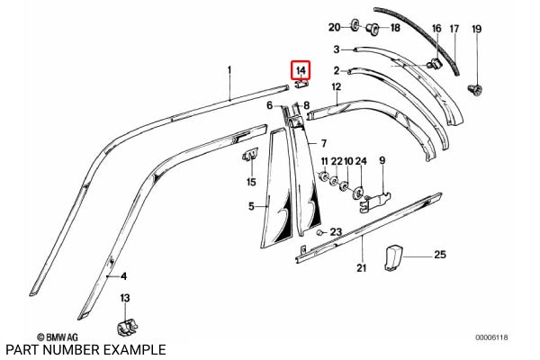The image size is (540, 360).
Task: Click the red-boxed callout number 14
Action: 301,69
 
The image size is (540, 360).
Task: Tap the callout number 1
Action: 229,69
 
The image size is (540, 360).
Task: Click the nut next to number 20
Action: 354,24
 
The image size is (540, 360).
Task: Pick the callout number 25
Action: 440,256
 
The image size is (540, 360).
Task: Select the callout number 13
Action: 125,298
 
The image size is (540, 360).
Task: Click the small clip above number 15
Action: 250,159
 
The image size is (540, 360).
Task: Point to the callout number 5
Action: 252,206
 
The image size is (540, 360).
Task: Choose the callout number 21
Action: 361,267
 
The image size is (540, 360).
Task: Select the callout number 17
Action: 454,30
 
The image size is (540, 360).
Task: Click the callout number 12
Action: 337,86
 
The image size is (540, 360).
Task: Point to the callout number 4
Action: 124,276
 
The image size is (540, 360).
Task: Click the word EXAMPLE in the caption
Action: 133,349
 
